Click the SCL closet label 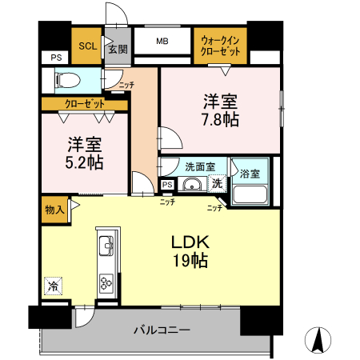pyautogui.click(x=86, y=46)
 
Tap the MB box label pyautogui.click(x=162, y=42)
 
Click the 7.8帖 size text pyautogui.click(x=220, y=118)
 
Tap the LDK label pyautogui.click(x=189, y=242)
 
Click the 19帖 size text pyautogui.click(x=189, y=260)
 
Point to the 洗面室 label pyautogui.click(x=199, y=167)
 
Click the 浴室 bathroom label pyautogui.click(x=250, y=173)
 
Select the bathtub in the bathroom pyautogui.click(x=251, y=195)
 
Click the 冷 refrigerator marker pyautogui.click(x=53, y=285)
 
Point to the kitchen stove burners pyautogui.click(x=107, y=282)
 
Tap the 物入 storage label pyautogui.click(x=54, y=210)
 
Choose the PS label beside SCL pyautogui.click(x=55, y=58)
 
